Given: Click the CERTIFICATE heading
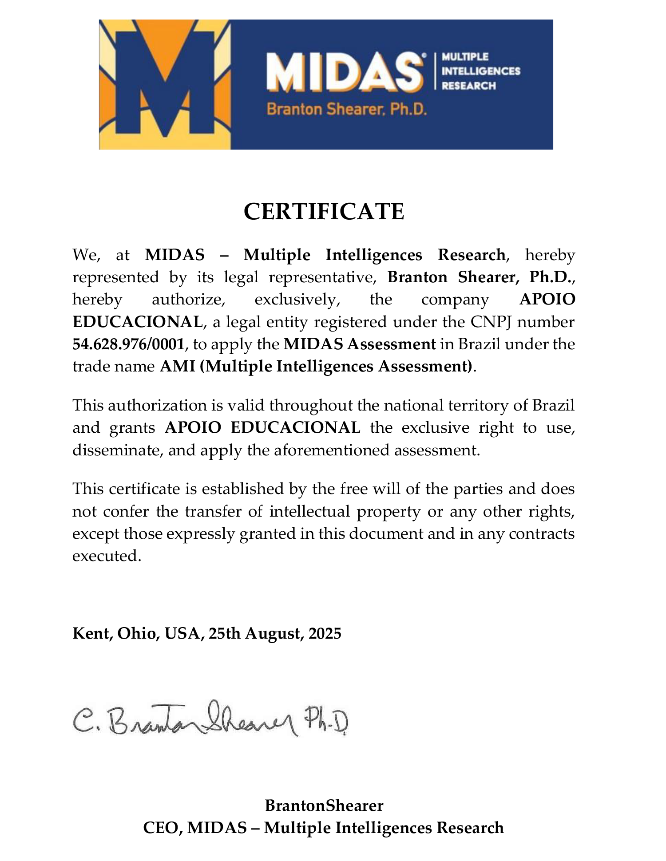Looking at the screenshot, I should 324,211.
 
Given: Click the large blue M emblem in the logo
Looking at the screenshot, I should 164,84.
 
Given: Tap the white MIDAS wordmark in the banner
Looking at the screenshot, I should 345,71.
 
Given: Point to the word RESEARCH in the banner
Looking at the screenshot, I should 468,86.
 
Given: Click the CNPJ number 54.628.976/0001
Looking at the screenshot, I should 128,344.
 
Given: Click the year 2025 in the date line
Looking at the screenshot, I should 325,633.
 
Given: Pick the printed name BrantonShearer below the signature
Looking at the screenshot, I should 324,806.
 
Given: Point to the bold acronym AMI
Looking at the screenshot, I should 177,367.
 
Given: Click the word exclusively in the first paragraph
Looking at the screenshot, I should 297,300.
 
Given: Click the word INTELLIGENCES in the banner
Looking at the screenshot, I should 481,71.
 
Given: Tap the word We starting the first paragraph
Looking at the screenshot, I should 84,255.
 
